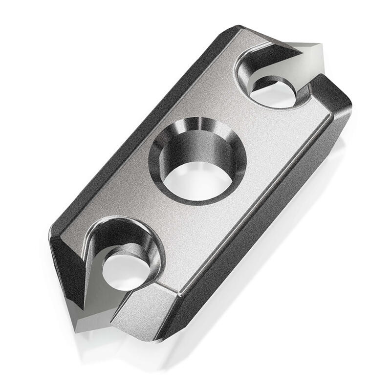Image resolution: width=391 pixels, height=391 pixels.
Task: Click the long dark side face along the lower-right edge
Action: pos(274,205)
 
